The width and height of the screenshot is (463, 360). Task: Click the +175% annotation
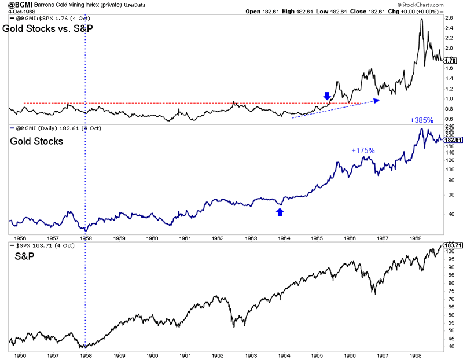click(x=363, y=150)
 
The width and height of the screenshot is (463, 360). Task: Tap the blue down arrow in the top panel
click(x=327, y=96)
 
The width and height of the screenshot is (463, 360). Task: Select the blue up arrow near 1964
click(x=280, y=212)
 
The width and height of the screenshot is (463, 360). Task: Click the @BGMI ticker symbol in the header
click(x=14, y=5)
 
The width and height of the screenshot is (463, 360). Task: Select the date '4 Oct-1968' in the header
click(x=18, y=12)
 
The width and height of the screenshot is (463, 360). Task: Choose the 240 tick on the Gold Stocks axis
click(x=449, y=127)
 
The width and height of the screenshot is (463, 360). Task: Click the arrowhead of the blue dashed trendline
click(x=377, y=100)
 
